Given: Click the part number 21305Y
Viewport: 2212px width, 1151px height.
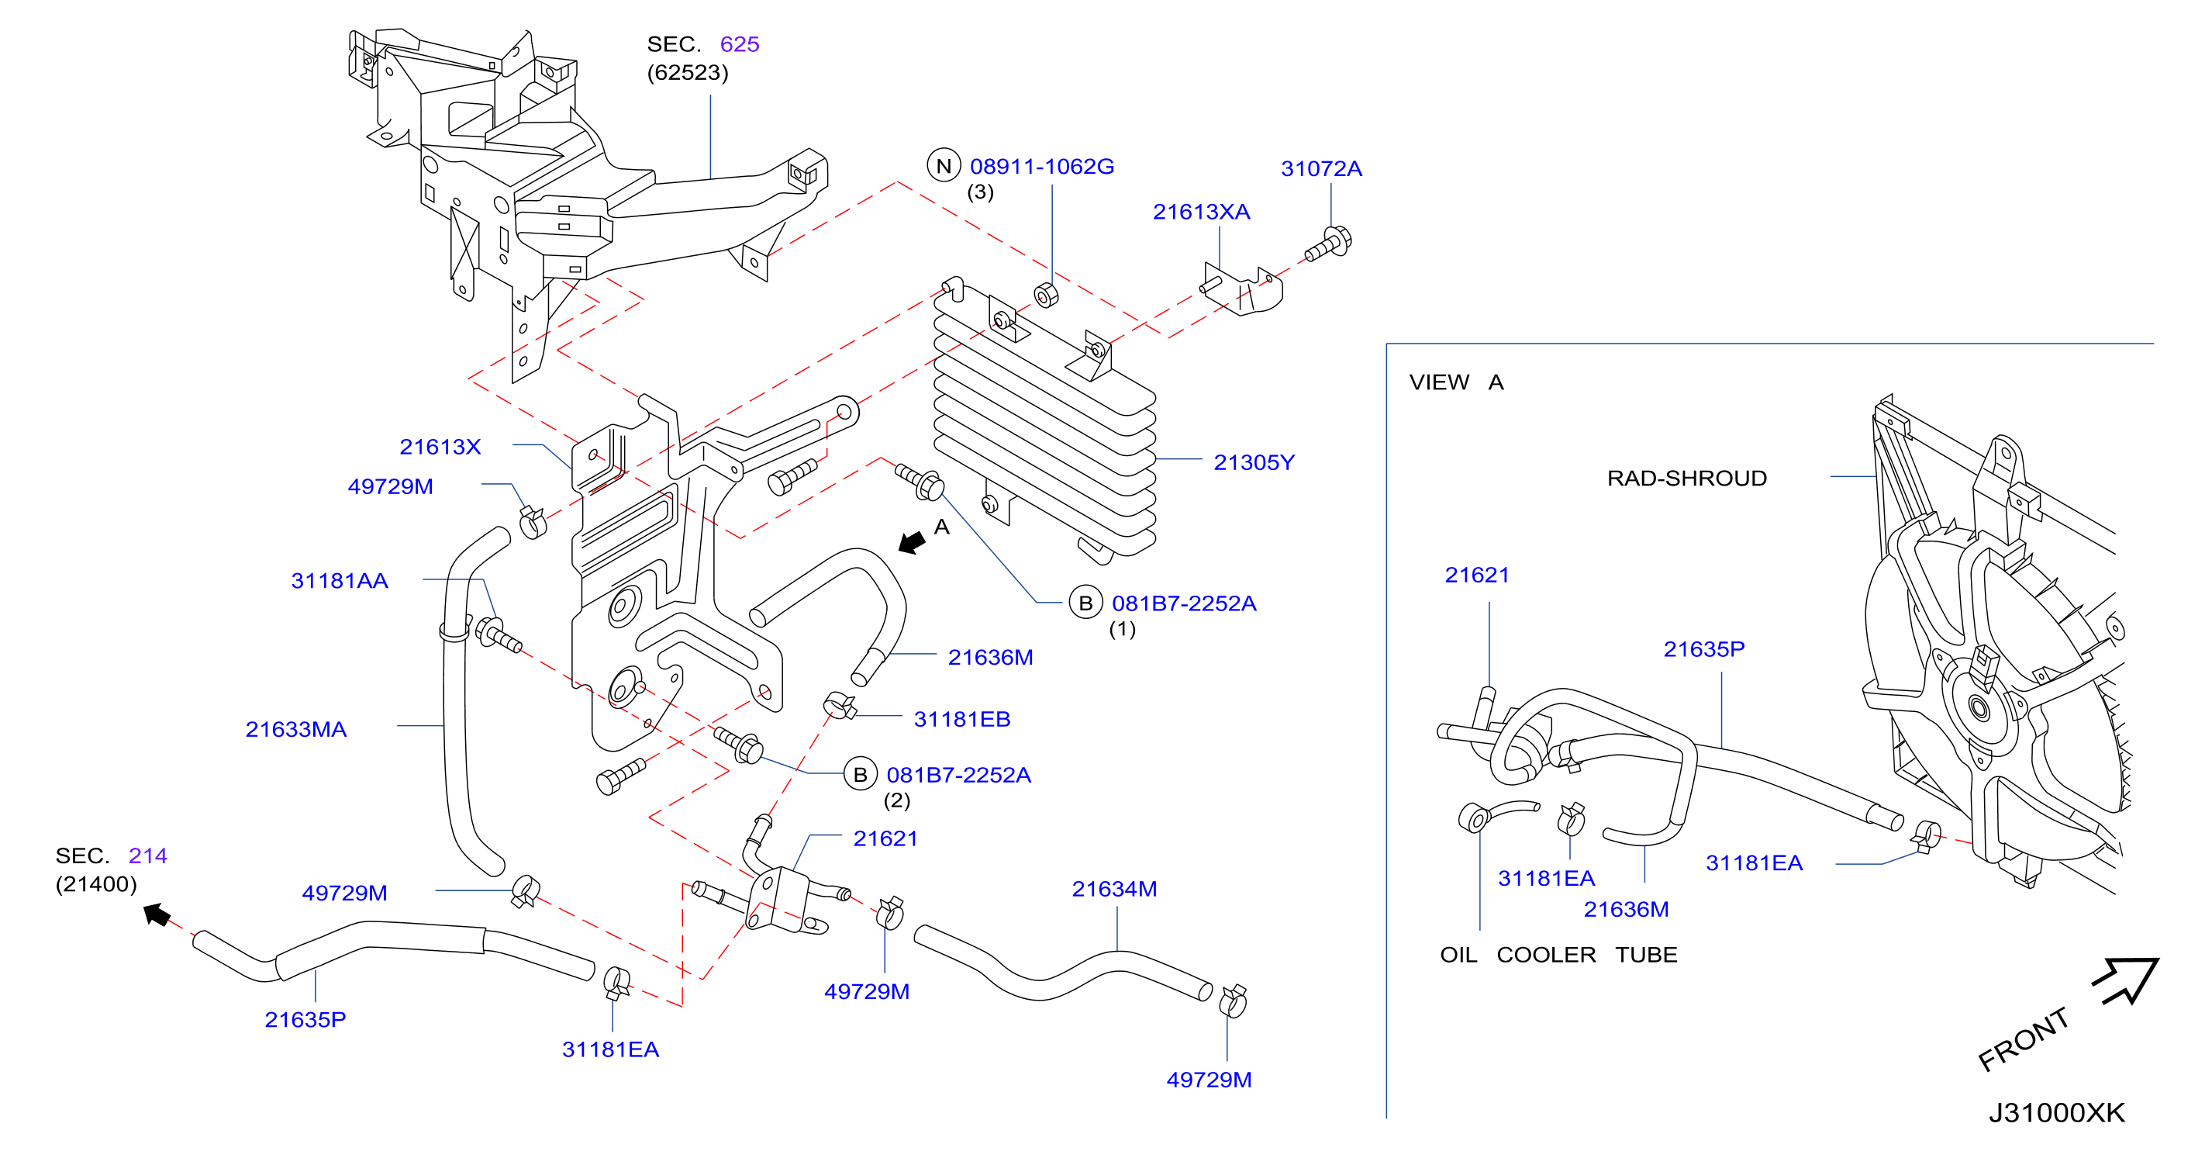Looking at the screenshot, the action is pyautogui.click(x=1253, y=462).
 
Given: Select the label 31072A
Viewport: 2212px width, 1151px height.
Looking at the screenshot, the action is pyautogui.click(x=1320, y=168).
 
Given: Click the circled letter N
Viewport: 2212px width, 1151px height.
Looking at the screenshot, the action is pyautogui.click(x=944, y=166).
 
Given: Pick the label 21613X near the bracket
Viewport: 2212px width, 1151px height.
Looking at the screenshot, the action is pyautogui.click(x=440, y=447).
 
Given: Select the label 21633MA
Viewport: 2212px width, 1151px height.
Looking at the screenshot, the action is pyautogui.click(x=295, y=729).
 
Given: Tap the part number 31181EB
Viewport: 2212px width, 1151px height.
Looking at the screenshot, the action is pyautogui.click(x=961, y=719).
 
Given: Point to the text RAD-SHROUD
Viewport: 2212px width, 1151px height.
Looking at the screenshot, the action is pyautogui.click(x=1686, y=479).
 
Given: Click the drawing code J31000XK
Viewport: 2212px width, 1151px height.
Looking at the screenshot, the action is pyautogui.click(x=2057, y=1112).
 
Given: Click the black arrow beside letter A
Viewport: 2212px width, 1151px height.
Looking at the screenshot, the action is pyautogui.click(x=912, y=543).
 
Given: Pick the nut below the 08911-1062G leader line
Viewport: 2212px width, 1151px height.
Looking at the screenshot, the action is pyautogui.click(x=1046, y=295).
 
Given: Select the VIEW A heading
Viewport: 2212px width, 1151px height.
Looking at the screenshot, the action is pyautogui.click(x=1456, y=382).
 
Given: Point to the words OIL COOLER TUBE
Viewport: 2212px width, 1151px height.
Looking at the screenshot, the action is pyautogui.click(x=1558, y=954).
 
